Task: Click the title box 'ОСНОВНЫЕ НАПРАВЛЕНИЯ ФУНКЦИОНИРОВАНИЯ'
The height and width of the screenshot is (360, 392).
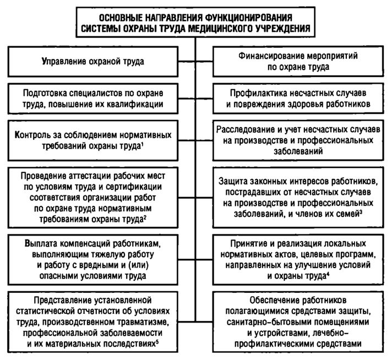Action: click(196, 21)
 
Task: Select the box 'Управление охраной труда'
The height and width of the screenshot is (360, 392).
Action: click(93, 61)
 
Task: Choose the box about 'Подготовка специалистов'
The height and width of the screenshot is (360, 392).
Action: click(93, 98)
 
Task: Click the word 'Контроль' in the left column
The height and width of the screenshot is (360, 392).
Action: click(42, 134)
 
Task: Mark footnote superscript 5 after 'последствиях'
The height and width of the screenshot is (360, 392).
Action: click(158, 342)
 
